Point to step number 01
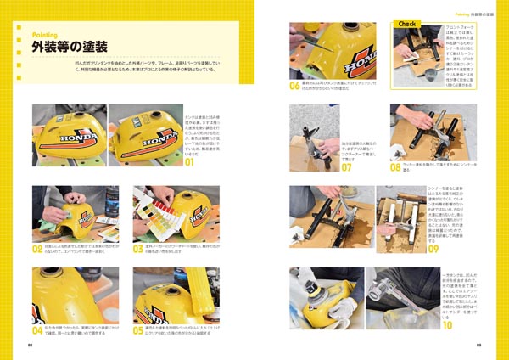tap(190, 160)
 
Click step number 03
tap(138, 250)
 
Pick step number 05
tap(138, 330)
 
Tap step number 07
tap(346, 168)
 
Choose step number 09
tap(433, 250)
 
